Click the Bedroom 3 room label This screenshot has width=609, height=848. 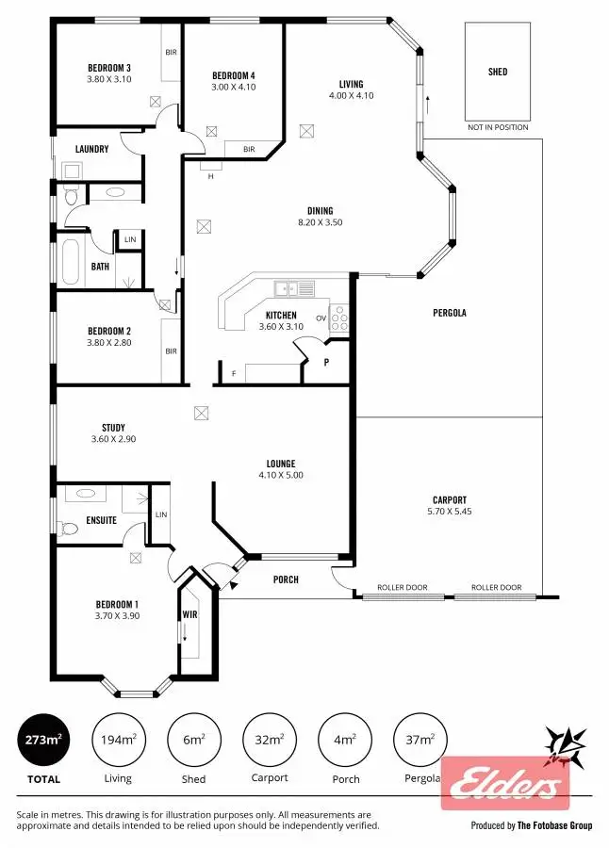(x=109, y=68)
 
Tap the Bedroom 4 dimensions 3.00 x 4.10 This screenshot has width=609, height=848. (x=233, y=87)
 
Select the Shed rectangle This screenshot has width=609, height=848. (x=497, y=72)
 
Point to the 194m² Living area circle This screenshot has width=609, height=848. (x=119, y=740)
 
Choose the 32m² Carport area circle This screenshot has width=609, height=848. (x=270, y=740)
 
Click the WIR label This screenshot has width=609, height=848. (x=189, y=615)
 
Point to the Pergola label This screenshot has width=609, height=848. (x=450, y=313)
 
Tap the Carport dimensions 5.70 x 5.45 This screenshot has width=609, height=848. (x=450, y=513)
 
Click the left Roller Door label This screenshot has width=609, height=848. (x=402, y=587)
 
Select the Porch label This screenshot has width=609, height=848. (x=286, y=579)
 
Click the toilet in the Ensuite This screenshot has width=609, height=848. (x=67, y=529)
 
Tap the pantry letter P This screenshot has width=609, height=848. (x=326, y=361)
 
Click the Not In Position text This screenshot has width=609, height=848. (x=498, y=127)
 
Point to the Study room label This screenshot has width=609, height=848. (x=113, y=428)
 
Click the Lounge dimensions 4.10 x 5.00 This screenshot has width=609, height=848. (x=280, y=475)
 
